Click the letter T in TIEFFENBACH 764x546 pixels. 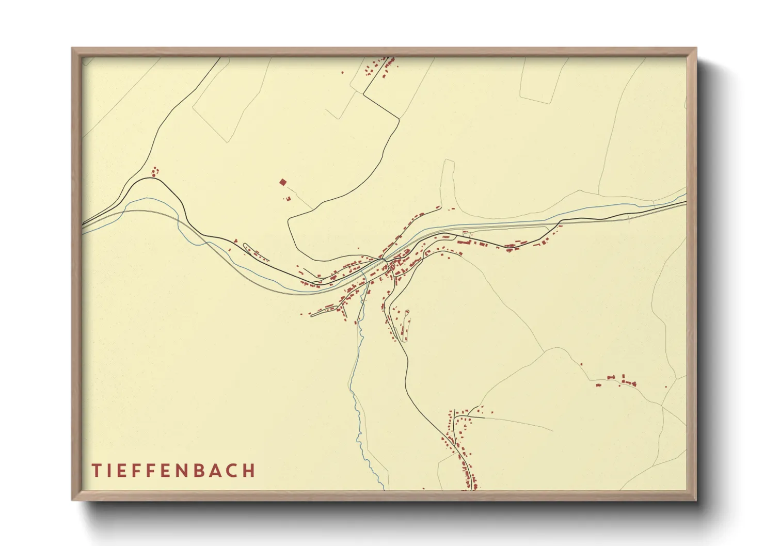point(96,470)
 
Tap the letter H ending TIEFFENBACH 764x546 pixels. point(249,470)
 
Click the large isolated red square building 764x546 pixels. point(282,182)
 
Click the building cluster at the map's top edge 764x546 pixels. point(379,67)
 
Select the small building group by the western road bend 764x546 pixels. point(154,171)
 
